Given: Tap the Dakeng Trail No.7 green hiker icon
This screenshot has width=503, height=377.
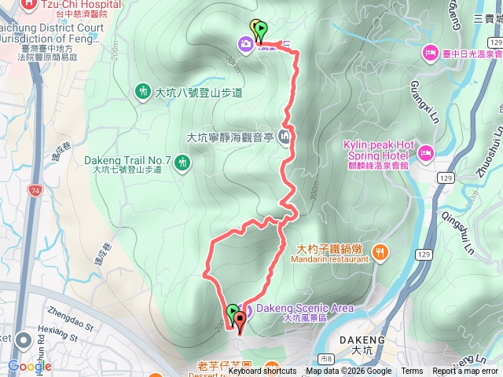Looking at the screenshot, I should click(182, 163).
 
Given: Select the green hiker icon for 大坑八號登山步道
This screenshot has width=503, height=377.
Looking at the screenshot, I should click(143, 92).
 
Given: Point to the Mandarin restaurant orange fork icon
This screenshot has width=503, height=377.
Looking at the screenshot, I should click(380, 251).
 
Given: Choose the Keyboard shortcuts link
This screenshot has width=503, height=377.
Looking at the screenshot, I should click(263, 372).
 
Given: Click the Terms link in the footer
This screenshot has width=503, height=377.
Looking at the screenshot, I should click(412, 372).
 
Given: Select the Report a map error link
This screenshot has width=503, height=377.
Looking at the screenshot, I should click(464, 372).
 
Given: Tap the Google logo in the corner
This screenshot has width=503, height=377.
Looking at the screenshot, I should click(30, 366).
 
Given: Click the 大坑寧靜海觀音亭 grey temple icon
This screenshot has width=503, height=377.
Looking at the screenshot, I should click(284, 138).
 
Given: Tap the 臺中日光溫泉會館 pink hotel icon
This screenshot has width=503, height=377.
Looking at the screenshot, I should click(431, 53).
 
